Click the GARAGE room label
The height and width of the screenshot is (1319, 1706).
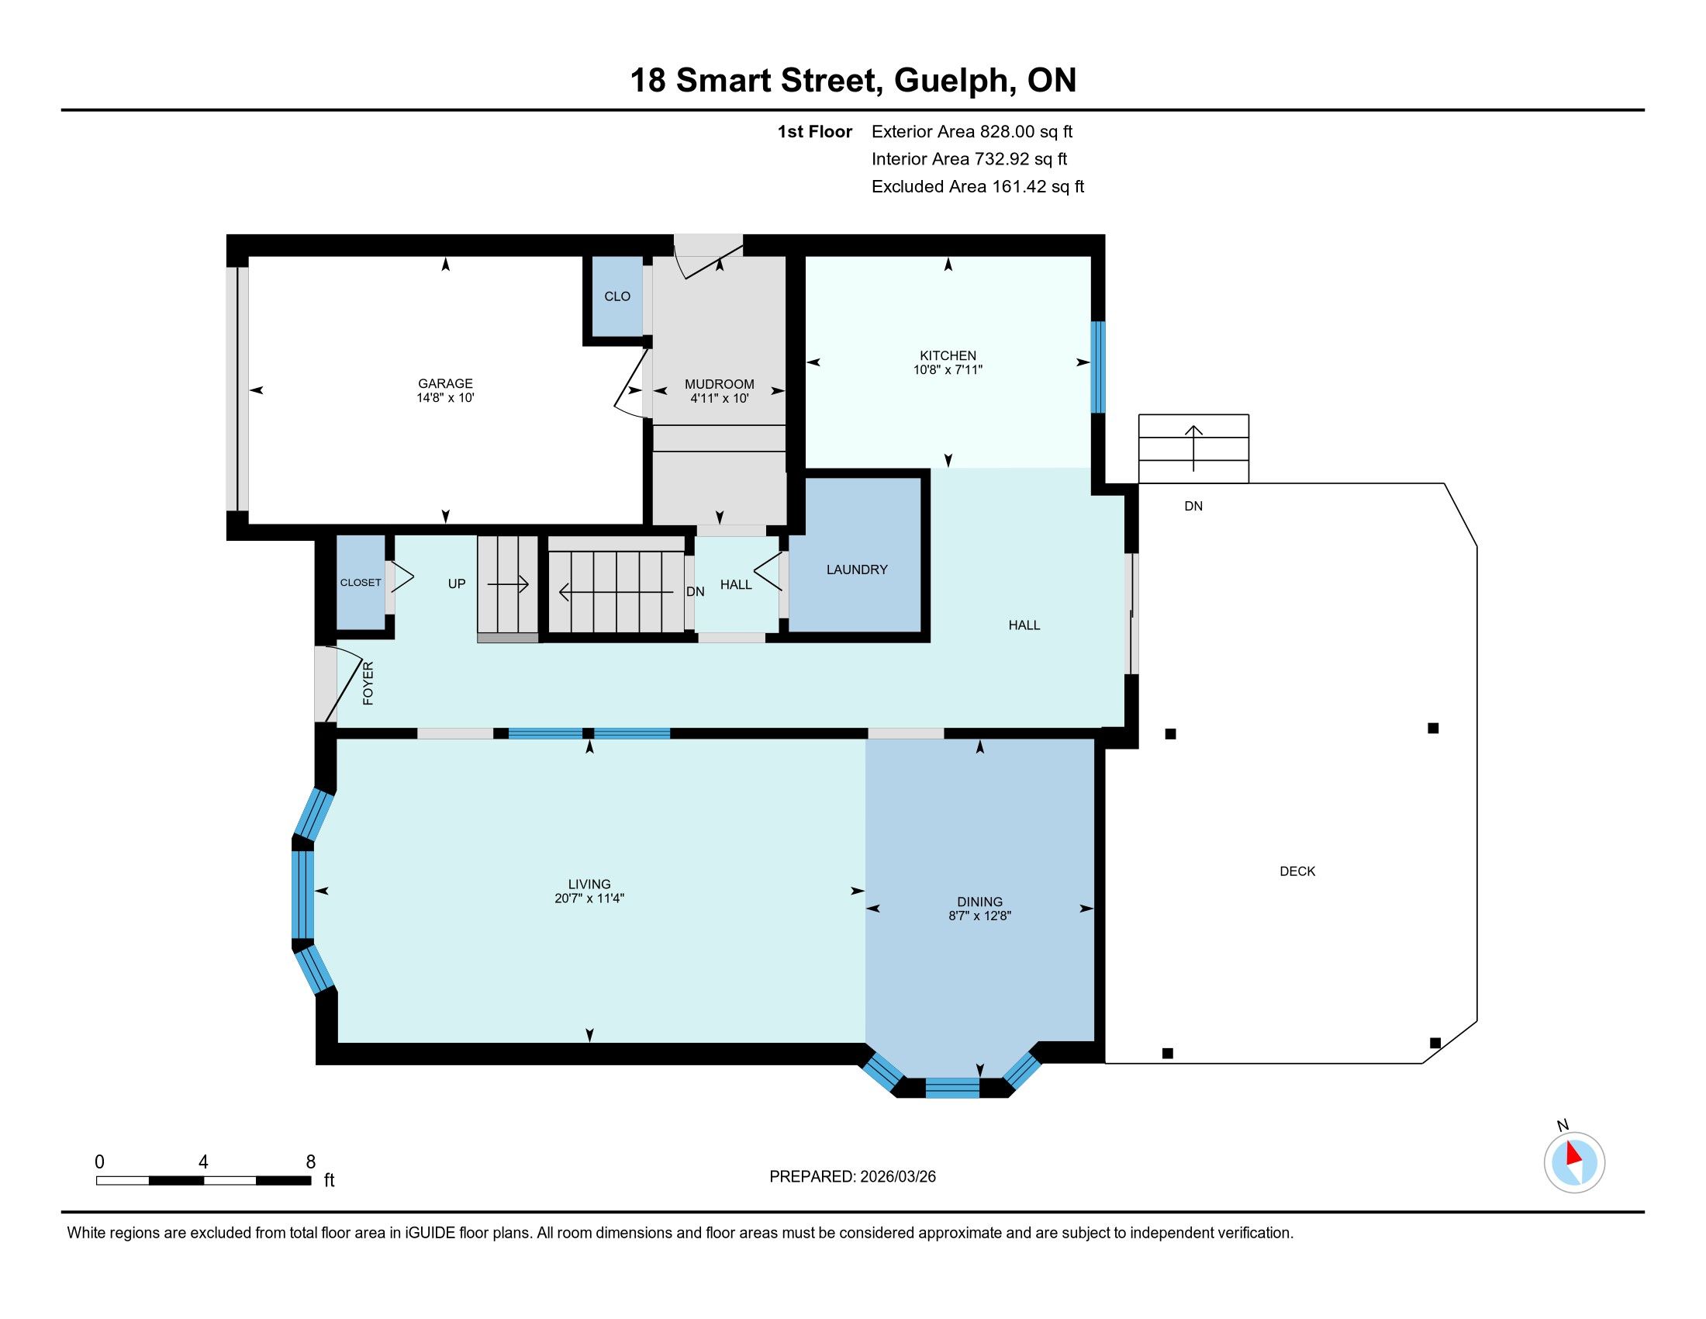pyautogui.click(x=445, y=383)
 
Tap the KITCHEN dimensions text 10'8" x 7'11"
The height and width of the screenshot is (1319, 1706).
pyautogui.click(x=948, y=369)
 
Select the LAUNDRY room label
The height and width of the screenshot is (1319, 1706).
pyautogui.click(x=857, y=569)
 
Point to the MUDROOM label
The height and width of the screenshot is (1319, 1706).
pyautogui.click(x=720, y=383)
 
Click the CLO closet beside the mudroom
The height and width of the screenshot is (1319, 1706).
pyautogui.click(x=617, y=296)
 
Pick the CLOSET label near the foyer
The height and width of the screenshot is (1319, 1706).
pyautogui.click(x=360, y=583)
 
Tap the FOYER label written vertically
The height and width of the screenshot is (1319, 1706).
pyautogui.click(x=368, y=683)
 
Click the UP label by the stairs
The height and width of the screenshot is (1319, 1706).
pyautogui.click(x=457, y=583)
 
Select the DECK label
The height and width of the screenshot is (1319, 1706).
pyautogui.click(x=1297, y=871)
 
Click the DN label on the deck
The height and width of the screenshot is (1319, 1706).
pyautogui.click(x=1193, y=507)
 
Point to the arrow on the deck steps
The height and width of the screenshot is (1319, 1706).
pyautogui.click(x=1193, y=448)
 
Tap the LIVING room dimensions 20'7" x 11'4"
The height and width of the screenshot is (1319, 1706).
pyautogui.click(x=590, y=898)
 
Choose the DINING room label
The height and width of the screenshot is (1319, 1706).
pyautogui.click(x=979, y=902)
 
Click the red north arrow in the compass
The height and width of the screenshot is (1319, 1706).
pyautogui.click(x=1573, y=1153)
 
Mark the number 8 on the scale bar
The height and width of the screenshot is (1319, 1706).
pyautogui.click(x=311, y=1162)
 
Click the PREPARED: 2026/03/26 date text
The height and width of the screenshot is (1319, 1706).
pyautogui.click(x=852, y=1177)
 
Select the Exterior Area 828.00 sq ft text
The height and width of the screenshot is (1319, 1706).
pyautogui.click(x=972, y=132)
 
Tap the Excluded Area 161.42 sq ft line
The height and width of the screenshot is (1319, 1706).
pyautogui.click(x=978, y=187)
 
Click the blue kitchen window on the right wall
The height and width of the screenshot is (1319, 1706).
pyautogui.click(x=1098, y=366)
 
